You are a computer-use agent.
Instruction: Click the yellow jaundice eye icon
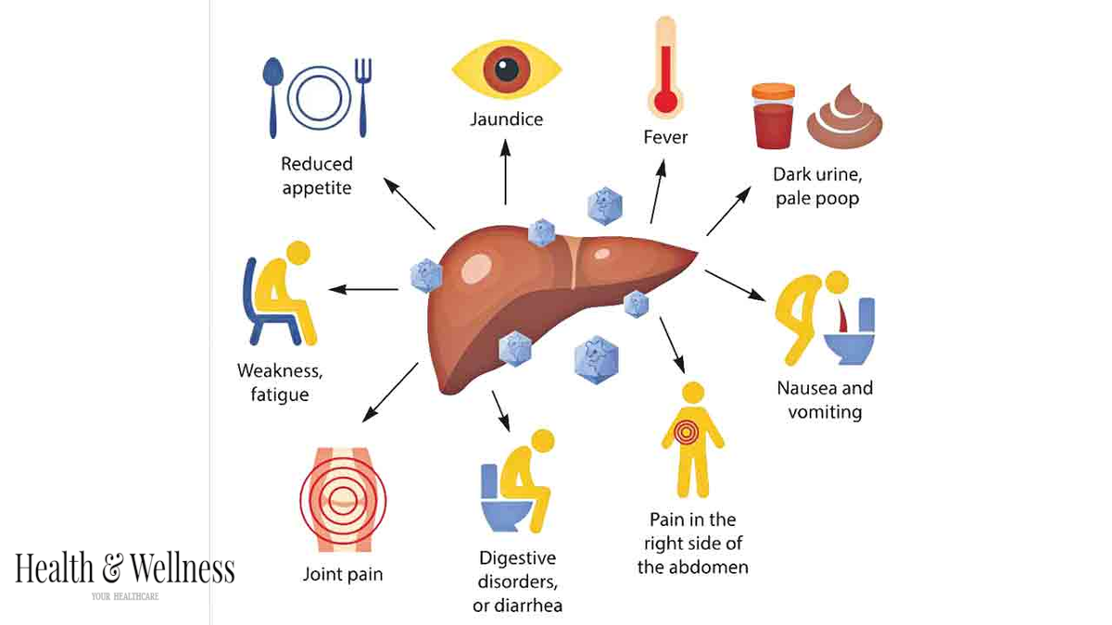[x=506, y=69]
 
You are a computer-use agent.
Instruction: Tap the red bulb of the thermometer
[x=665, y=102]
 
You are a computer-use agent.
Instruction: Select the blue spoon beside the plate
[x=272, y=97]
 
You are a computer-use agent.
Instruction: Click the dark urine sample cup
[x=773, y=116]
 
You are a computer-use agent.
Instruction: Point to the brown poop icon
[x=844, y=118]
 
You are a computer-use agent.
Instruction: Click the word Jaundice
[x=506, y=119]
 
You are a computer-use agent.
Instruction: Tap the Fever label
[x=665, y=137]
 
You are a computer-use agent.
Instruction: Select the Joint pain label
[x=343, y=574]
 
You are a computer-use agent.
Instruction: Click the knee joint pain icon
[x=343, y=499]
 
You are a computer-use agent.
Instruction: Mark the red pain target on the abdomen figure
[x=686, y=432]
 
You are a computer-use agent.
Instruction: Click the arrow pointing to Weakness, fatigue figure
[x=363, y=289]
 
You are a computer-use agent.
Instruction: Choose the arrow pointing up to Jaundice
[x=505, y=171]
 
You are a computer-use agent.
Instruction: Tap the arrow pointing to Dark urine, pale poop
[x=728, y=211]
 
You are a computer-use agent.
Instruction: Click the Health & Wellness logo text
[x=124, y=569]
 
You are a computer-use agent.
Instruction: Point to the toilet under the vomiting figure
[x=850, y=331]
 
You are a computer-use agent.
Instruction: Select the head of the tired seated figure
[x=298, y=253]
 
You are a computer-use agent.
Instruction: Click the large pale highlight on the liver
[x=476, y=269]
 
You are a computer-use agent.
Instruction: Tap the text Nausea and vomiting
[x=825, y=400]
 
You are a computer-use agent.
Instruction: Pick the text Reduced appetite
[x=317, y=176]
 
